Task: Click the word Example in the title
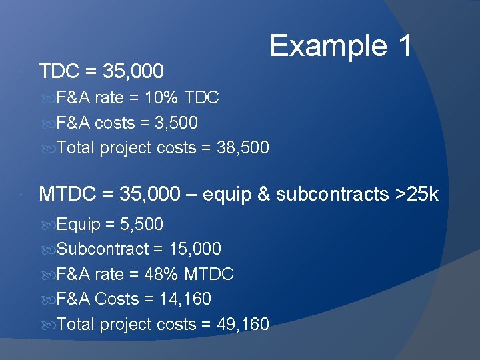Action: tap(327, 47)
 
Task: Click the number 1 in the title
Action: tap(404, 47)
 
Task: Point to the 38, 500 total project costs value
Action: tap(243, 147)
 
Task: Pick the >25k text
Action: tap(417, 194)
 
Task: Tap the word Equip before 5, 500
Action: tap(77, 225)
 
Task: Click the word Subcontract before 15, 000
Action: tap(103, 249)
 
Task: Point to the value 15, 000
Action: tap(195, 249)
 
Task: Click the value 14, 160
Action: tap(185, 299)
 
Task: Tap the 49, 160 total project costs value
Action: tap(243, 324)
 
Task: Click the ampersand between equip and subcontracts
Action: tap(263, 194)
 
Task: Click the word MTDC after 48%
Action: tap(209, 274)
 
